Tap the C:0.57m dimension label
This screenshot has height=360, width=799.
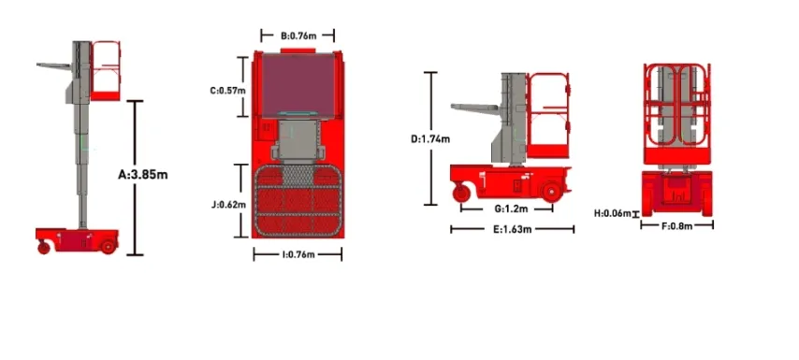coord(226,91)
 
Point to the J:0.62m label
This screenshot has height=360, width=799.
coord(227,203)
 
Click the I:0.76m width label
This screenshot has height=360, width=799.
coord(297,253)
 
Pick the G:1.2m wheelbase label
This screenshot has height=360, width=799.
coord(512,208)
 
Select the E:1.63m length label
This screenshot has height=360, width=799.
coord(512,229)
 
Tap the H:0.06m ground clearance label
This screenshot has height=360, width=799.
coord(613,213)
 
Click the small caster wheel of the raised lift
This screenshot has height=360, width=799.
coord(43,247)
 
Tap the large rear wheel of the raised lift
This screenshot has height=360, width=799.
coord(108,245)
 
